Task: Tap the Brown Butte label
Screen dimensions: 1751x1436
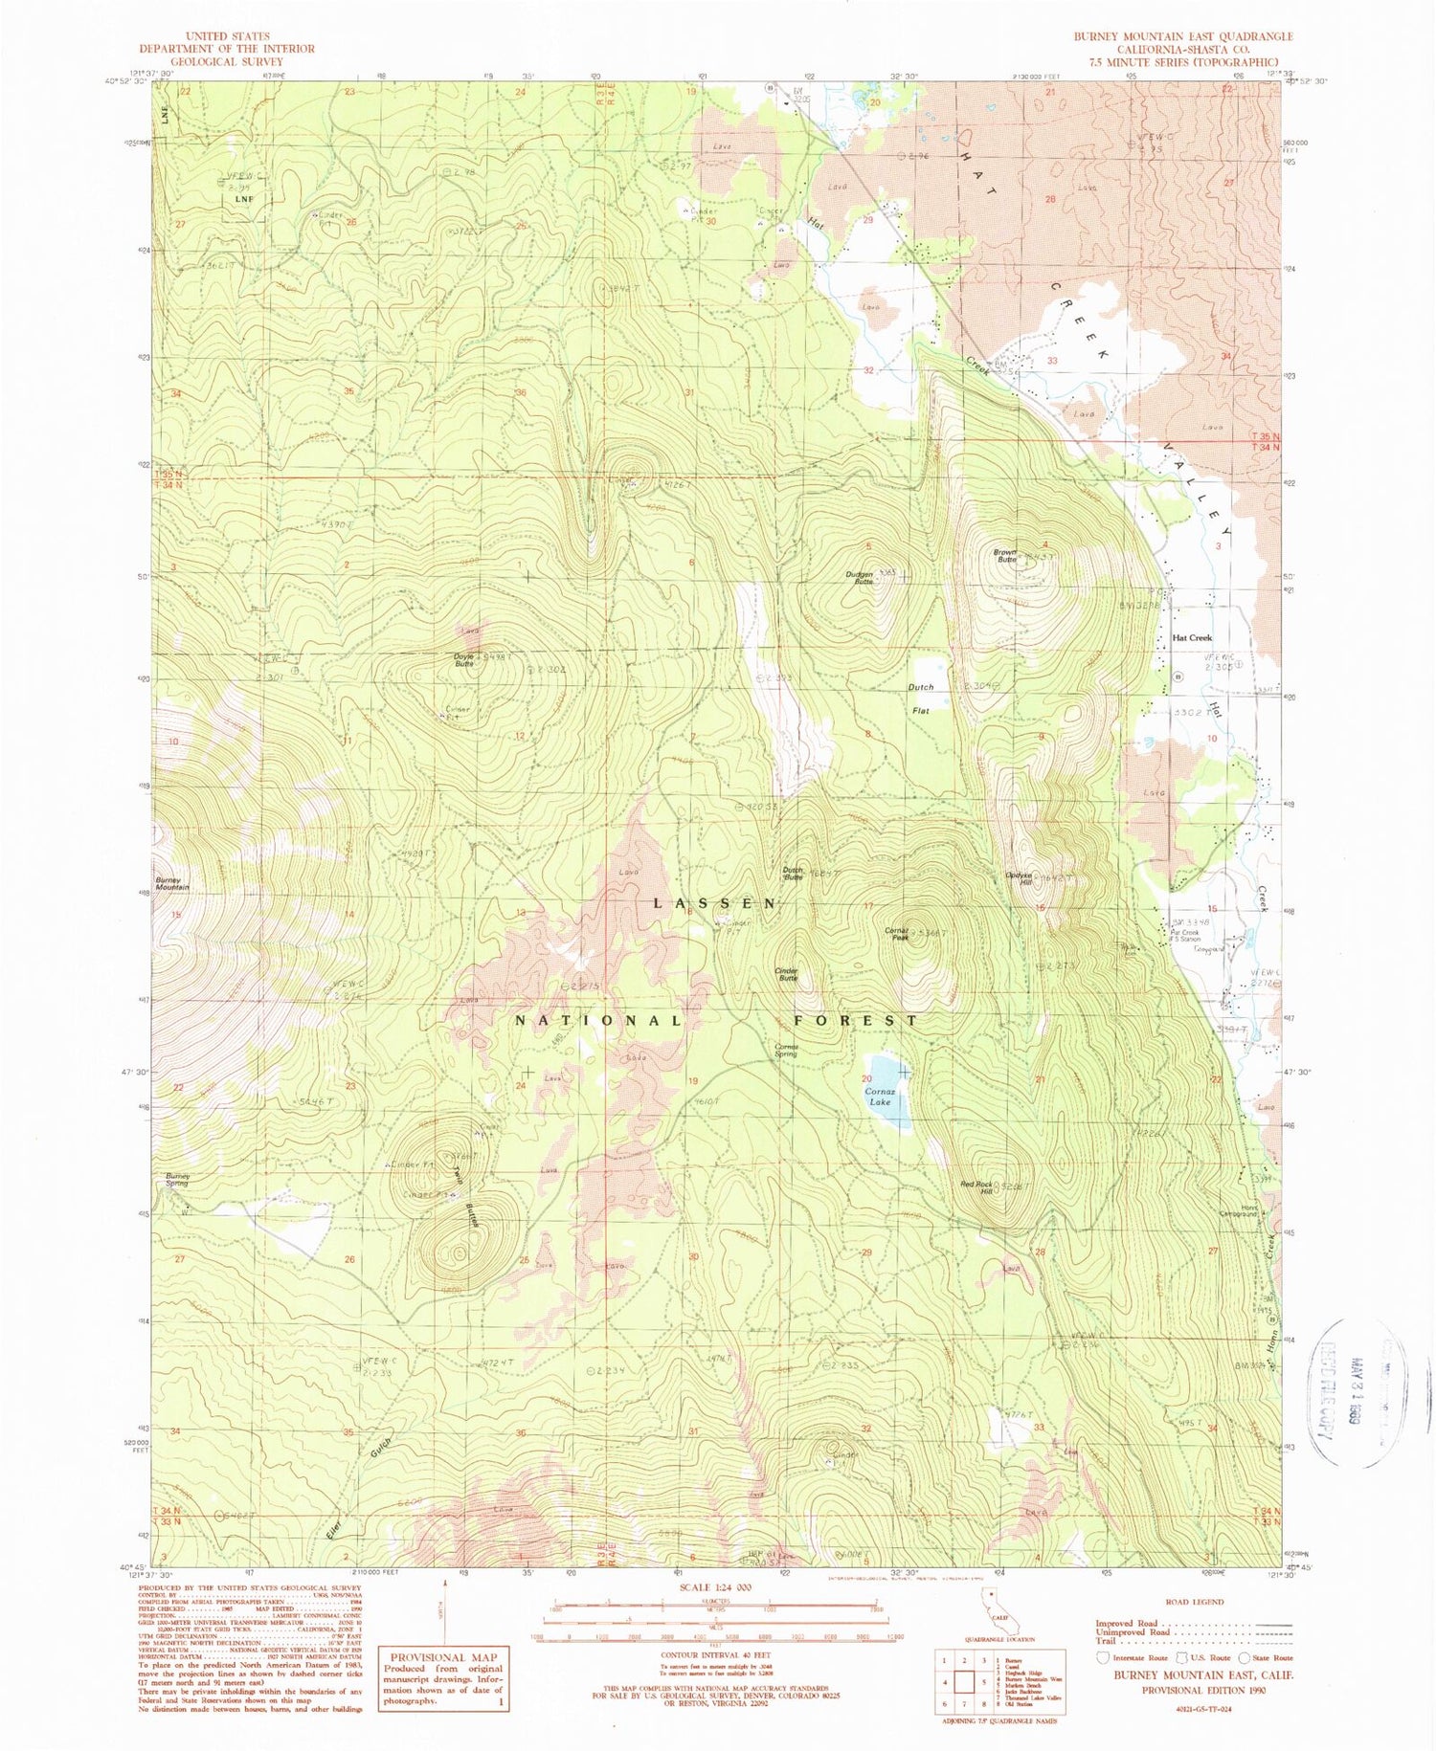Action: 1004,556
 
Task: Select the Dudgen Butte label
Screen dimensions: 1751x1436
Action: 859,577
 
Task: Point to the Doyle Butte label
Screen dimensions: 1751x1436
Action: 463,659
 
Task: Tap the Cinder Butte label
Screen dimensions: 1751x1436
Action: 786,974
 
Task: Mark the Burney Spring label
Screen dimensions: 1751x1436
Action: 176,1180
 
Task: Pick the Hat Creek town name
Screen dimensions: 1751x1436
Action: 1192,637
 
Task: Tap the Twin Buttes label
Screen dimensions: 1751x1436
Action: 466,1192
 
